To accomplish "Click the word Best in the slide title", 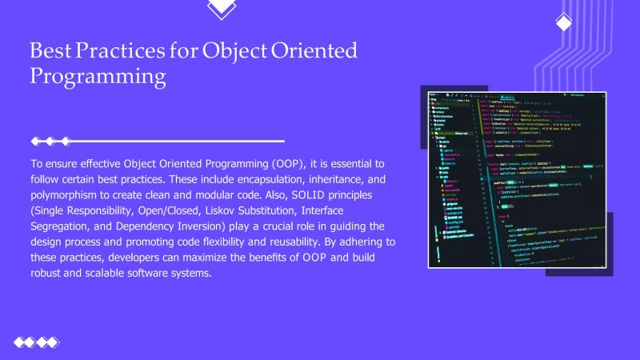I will [50, 51].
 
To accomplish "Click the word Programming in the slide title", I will [98, 78].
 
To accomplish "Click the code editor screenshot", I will [516, 178].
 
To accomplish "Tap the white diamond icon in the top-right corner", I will [563, 22].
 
